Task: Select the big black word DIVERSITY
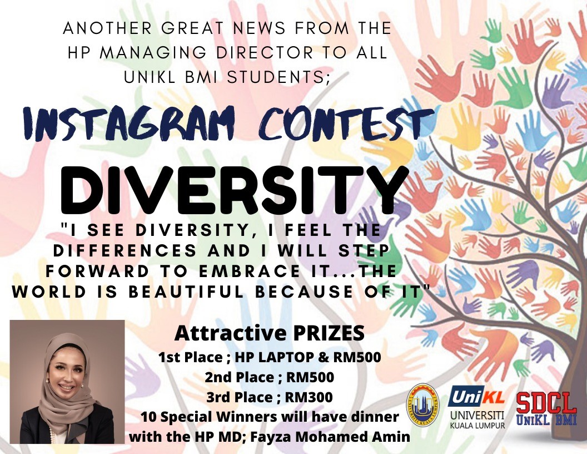233,191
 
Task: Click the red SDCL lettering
546,404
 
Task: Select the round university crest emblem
422,405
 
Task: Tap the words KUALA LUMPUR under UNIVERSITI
477,426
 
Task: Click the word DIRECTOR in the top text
265,53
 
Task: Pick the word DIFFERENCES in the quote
125,251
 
